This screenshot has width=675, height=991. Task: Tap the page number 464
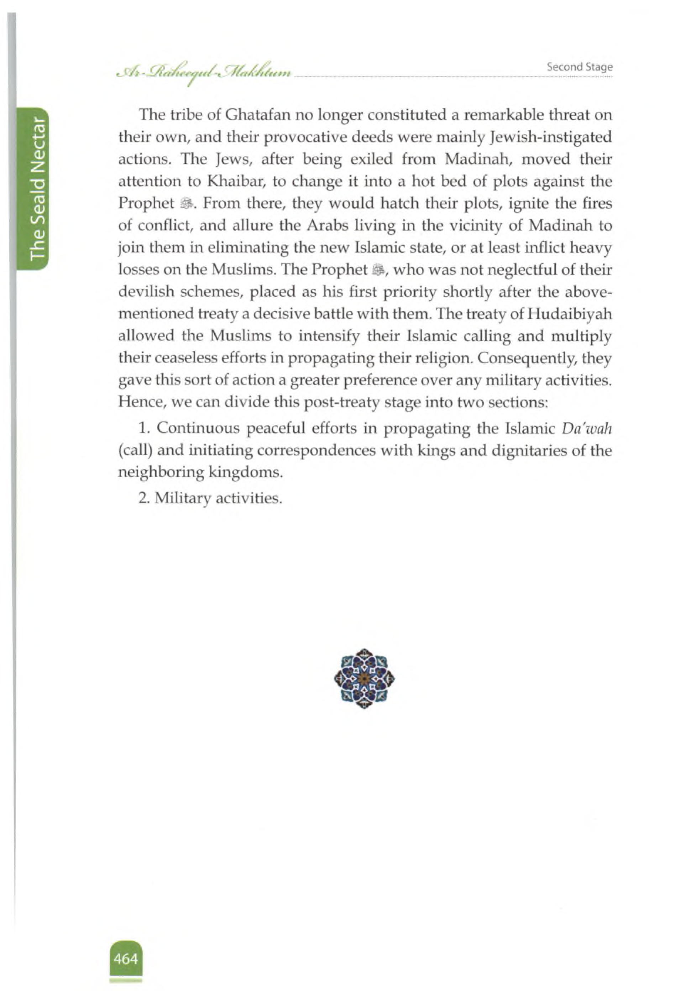click(126, 959)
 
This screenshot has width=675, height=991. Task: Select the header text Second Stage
click(580, 67)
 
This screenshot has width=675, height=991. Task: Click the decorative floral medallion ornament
click(364, 678)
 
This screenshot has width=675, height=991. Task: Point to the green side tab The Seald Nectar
click(37, 188)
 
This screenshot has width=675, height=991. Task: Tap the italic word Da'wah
click(587, 428)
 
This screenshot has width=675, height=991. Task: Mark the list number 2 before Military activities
click(143, 497)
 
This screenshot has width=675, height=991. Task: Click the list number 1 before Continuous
click(143, 428)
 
